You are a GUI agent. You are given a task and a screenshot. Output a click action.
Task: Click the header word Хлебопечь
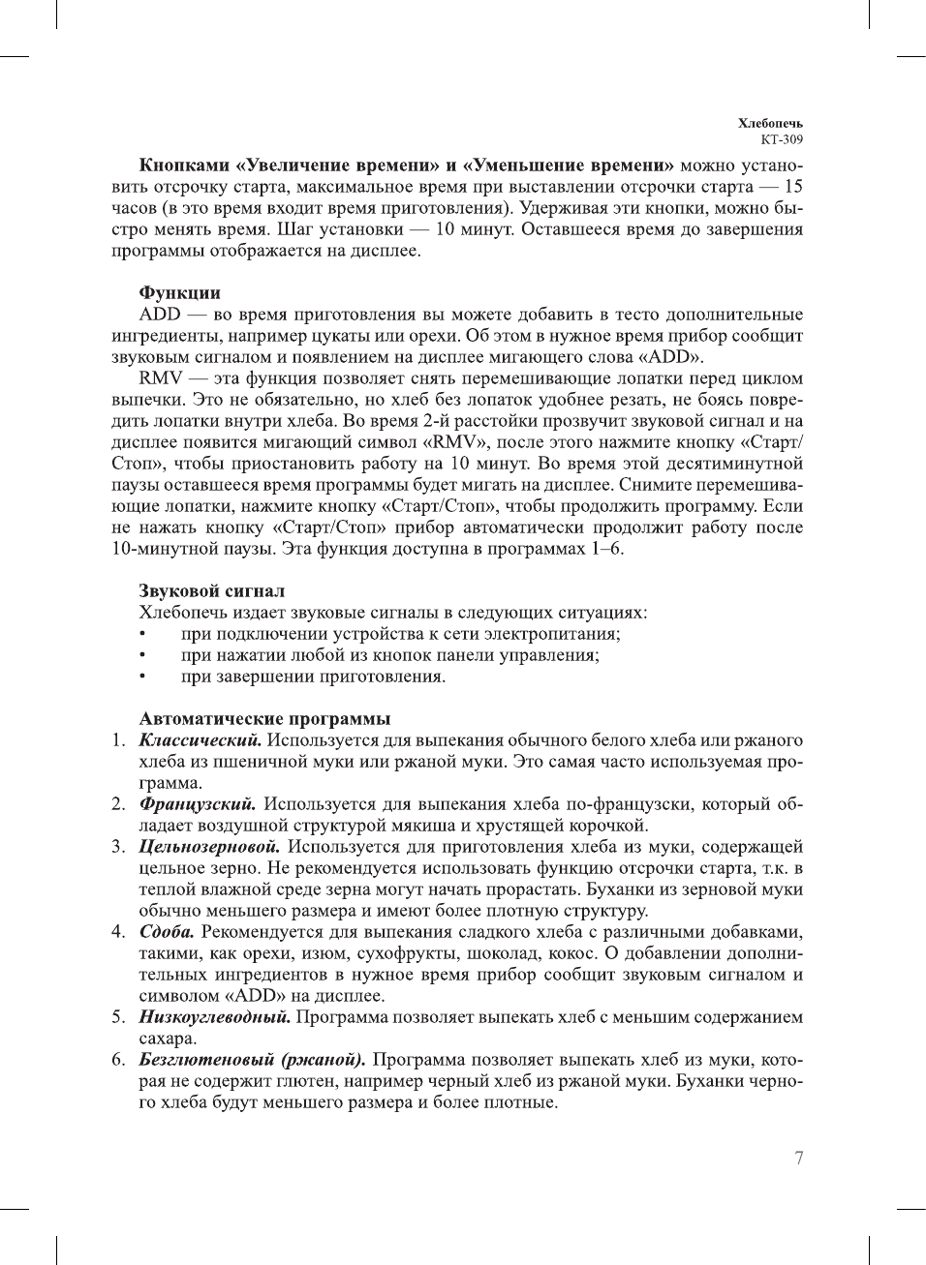click(x=770, y=123)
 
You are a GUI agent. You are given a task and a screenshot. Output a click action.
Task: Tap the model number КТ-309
click(x=782, y=139)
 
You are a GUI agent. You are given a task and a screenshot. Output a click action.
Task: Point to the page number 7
click(x=798, y=1159)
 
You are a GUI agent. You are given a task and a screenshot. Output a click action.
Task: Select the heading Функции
click(x=179, y=293)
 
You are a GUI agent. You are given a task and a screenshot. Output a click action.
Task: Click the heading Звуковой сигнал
click(x=211, y=591)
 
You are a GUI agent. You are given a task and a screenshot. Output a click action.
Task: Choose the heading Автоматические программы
click(x=264, y=719)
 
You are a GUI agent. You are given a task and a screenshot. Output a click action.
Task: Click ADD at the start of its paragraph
click(x=159, y=315)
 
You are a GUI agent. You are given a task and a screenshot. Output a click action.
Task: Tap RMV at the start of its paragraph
click(x=161, y=378)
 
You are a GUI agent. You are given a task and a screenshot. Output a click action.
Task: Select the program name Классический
click(x=200, y=740)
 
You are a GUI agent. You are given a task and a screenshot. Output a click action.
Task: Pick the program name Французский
click(x=198, y=804)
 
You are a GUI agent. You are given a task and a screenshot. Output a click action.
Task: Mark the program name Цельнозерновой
click(x=209, y=847)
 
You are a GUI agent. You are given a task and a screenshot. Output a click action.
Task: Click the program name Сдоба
click(x=167, y=932)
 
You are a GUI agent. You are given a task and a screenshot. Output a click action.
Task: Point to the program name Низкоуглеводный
click(x=214, y=1017)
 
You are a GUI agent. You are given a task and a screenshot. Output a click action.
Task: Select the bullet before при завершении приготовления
click(x=142, y=677)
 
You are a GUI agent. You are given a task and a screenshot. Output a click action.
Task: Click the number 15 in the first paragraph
click(x=792, y=187)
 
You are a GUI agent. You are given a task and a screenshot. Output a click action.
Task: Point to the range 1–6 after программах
click(x=606, y=549)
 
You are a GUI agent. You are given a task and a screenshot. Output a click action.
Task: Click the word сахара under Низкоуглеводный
click(x=168, y=1039)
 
